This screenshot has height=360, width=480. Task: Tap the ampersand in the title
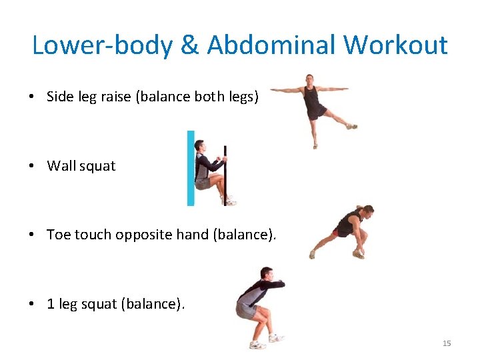coord(190,45)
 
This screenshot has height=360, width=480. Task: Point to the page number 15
coord(447,343)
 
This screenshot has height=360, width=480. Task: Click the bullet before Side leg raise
coord(32,97)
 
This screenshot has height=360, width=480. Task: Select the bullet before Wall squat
coord(32,166)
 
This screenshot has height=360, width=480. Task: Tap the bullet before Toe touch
coord(32,235)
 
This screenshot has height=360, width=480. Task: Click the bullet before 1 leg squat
coord(32,304)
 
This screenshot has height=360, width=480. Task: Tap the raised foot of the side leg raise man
coord(351,125)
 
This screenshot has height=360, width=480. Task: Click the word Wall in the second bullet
coord(61,166)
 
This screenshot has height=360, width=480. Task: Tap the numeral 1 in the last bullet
coord(51,304)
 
